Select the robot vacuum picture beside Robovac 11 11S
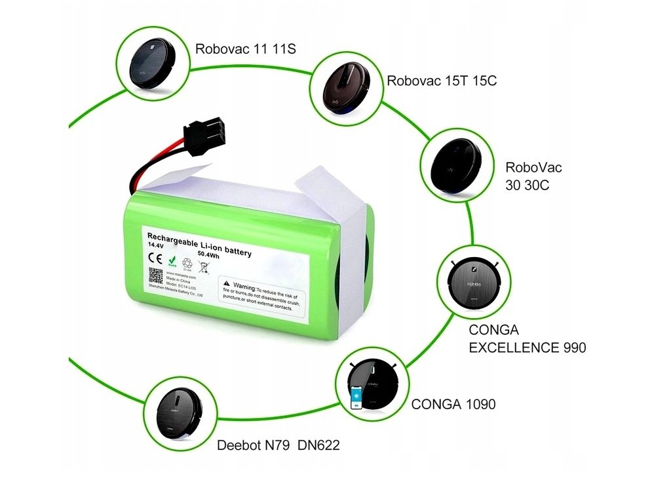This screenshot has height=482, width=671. [153, 63]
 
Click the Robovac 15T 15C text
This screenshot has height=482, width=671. [442, 81]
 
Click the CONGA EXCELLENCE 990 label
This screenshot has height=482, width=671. [527, 338]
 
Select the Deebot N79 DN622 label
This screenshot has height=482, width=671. [278, 446]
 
